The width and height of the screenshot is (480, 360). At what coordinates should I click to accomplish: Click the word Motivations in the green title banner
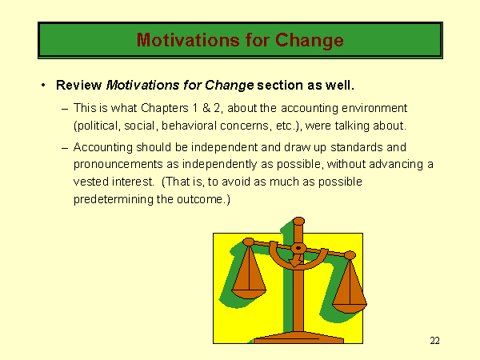pos(188,40)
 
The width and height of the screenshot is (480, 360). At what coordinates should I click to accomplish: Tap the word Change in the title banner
pos(309,41)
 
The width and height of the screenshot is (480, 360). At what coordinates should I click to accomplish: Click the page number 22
pos(434,341)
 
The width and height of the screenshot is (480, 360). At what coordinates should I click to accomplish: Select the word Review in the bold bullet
pos(78,85)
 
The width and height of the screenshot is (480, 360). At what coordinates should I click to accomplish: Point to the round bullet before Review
pos(43,85)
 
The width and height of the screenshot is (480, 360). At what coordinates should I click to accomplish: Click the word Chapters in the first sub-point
pos(165,108)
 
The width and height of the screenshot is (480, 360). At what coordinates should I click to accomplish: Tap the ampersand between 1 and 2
pos(206,108)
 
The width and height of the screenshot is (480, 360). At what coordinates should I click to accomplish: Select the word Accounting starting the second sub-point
pos(103,147)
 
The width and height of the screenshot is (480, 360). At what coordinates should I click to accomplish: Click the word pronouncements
pos(118,164)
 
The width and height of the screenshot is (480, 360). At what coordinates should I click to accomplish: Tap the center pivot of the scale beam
pos(298,248)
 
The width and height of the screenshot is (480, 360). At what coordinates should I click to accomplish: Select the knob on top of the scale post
pos(298,221)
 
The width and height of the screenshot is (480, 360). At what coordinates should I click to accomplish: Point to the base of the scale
pos(298,338)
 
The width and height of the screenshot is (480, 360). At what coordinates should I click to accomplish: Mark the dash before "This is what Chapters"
pos(65,109)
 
